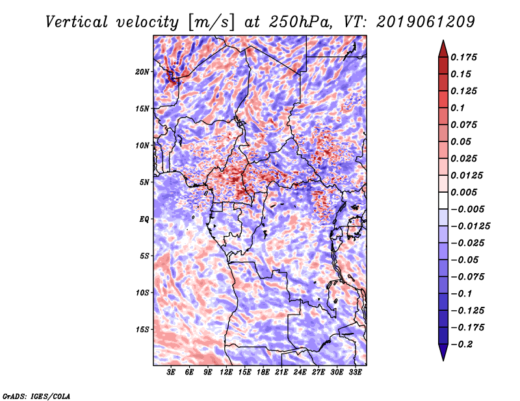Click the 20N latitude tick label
[x=143, y=71]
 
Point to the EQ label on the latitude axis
[x=144, y=219]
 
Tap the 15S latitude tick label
[x=143, y=330]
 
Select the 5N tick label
[x=145, y=182]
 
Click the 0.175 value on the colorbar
[x=465, y=57]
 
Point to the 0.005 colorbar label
[x=465, y=193]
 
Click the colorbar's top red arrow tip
[x=442, y=43]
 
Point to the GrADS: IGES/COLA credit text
[x=36, y=395]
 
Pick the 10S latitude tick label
[x=143, y=293]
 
